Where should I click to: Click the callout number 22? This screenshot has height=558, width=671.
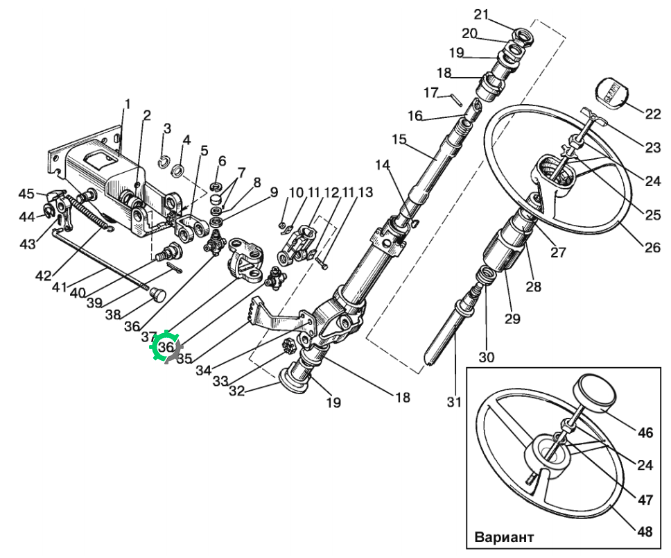coord(652,114)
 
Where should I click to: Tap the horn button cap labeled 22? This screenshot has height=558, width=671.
coord(612,93)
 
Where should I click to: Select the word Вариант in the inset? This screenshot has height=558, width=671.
coord(504,537)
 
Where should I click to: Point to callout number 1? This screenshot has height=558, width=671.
coord(127,104)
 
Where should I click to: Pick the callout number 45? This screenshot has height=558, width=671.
coord(26,194)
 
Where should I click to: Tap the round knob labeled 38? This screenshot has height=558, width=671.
coord(158,295)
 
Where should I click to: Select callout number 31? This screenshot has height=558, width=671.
coord(454,402)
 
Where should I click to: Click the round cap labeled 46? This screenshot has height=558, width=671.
coord(595,393)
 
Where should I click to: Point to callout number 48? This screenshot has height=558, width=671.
coord(645,532)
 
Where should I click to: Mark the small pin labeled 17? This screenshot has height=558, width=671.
coord(455,99)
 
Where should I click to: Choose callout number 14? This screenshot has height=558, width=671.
coord(383,165)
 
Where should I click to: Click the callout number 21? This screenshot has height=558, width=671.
coord(482,14)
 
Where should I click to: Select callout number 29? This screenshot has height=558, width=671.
coord(512,319)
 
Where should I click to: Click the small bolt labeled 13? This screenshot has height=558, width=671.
coord(322,262)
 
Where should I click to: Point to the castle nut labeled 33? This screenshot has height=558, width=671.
coord(289,345)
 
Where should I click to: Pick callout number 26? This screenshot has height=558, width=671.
coord(652,247)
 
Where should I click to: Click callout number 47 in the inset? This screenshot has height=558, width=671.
coord(645,500)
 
